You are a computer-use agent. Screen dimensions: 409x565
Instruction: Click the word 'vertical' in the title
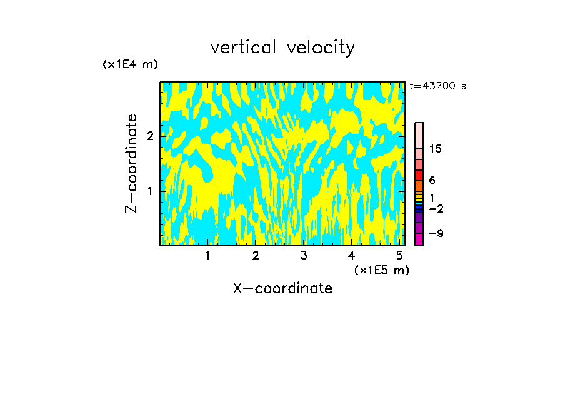point(244,48)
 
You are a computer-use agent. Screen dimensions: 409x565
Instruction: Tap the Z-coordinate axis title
point(131,163)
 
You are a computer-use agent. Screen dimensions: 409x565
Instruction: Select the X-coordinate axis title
point(282,288)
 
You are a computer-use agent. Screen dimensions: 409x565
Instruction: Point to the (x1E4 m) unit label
point(130,64)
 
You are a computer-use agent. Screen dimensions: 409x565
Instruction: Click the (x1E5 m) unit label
point(381,270)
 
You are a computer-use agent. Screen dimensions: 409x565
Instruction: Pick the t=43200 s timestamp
point(437,86)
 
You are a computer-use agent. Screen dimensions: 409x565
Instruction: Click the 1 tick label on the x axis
point(207,255)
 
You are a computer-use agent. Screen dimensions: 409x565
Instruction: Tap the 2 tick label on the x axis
point(256,255)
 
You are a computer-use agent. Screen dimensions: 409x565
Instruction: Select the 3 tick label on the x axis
point(303,255)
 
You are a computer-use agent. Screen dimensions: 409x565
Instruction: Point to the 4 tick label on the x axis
point(351,255)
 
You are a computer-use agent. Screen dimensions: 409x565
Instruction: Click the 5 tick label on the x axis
point(399,255)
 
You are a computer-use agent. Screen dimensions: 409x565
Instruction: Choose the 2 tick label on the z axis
point(150,136)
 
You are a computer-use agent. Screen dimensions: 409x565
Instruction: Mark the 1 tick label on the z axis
point(150,191)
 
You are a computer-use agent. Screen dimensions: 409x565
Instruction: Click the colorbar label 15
point(436,149)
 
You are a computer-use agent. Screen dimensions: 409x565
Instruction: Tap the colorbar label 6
point(432,180)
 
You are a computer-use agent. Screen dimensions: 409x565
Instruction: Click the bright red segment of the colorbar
point(419,175)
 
